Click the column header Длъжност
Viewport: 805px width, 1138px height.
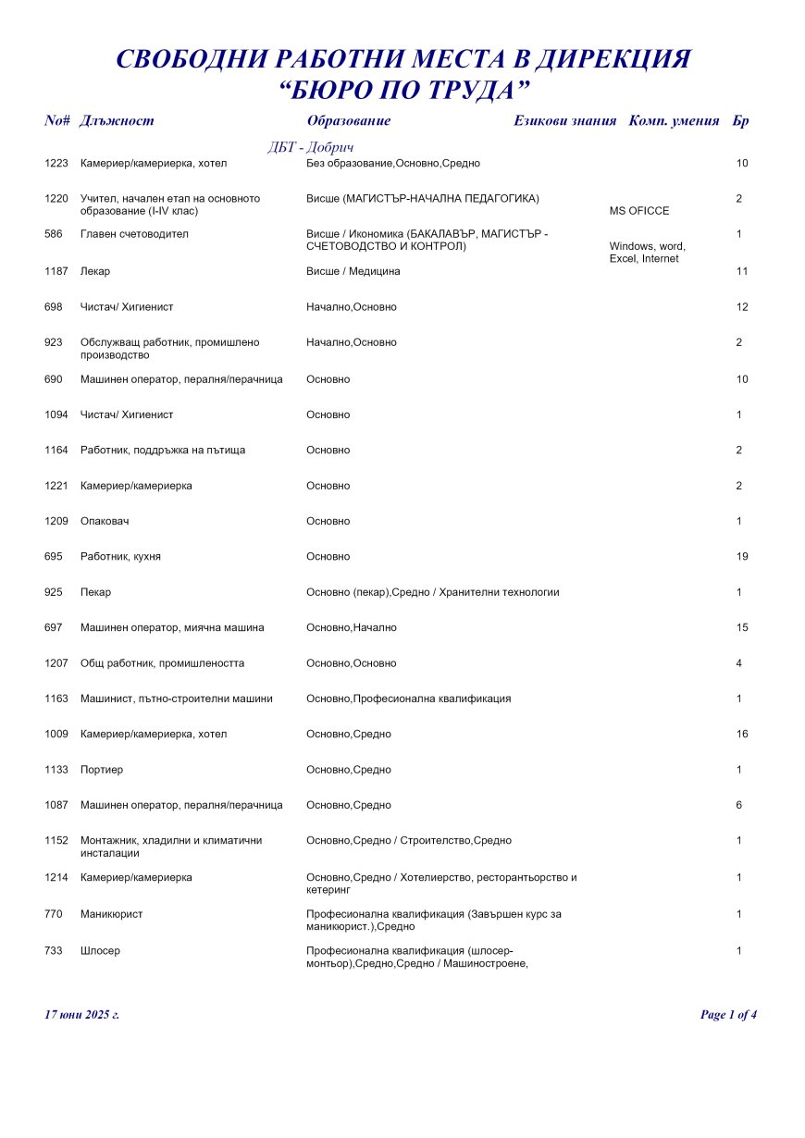click(x=117, y=120)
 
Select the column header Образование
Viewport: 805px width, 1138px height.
click(x=348, y=120)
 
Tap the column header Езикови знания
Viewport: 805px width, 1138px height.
click(x=564, y=120)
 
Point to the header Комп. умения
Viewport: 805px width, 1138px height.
click(x=674, y=120)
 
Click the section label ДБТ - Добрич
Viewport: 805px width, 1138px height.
click(x=311, y=148)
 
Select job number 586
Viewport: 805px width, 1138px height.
click(x=53, y=234)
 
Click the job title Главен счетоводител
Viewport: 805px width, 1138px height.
click(x=134, y=234)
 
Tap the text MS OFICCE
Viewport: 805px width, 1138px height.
click(x=639, y=211)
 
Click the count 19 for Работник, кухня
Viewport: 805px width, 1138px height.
click(x=742, y=556)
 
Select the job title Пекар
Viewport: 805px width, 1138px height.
click(x=95, y=592)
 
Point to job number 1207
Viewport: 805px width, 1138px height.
click(x=56, y=663)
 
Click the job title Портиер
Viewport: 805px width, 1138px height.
click(x=102, y=770)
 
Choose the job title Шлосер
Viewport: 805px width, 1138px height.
click(x=100, y=950)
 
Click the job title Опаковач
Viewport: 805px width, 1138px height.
click(x=105, y=521)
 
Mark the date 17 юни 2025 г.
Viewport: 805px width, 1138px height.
click(x=82, y=1015)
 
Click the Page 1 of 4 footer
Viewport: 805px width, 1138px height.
click(x=729, y=1015)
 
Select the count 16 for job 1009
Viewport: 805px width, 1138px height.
click(x=742, y=734)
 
